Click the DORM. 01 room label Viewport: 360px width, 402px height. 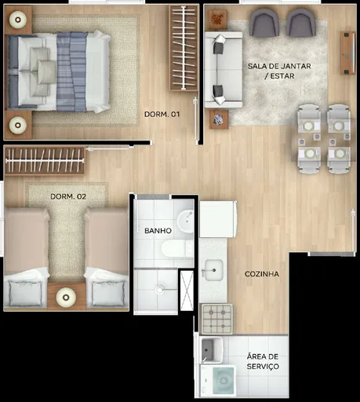[x=162, y=115]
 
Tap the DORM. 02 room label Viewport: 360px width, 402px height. [x=67, y=196]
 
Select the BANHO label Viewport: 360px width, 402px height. [x=158, y=232]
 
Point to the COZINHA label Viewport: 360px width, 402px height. [x=261, y=273]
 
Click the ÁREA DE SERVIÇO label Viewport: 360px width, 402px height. [x=262, y=362]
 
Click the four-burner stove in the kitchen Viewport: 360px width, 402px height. [x=216, y=318]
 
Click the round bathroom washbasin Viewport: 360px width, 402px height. [x=186, y=222]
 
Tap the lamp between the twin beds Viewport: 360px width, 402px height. [x=66, y=296]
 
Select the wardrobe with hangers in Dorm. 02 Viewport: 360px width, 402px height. [x=44, y=161]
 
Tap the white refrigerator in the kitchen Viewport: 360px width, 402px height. [x=217, y=219]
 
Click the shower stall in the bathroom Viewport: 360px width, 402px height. [x=156, y=291]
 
